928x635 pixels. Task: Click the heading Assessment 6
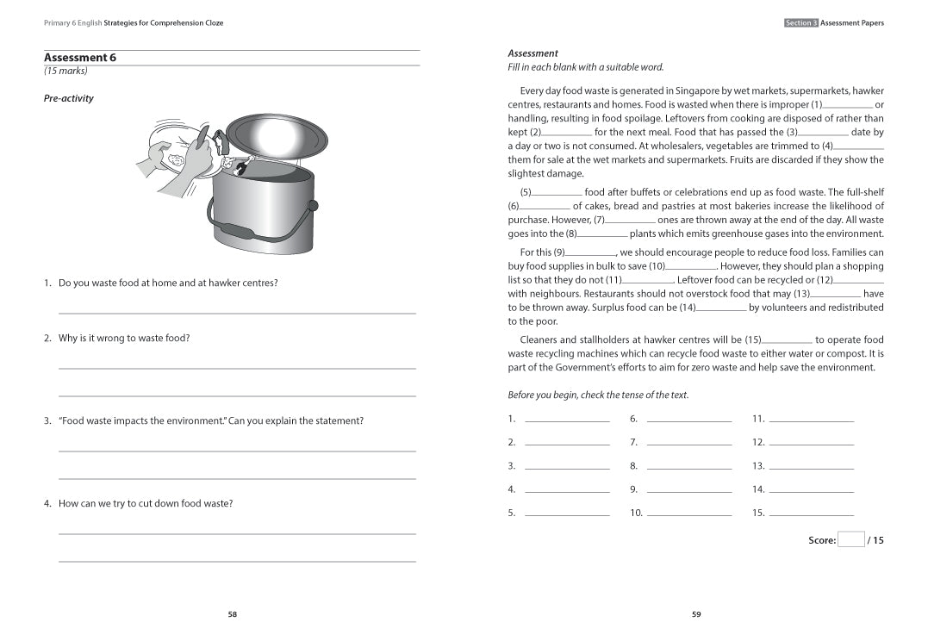tap(79, 58)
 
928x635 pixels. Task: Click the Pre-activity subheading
tap(68, 98)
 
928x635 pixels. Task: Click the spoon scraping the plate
tap(201, 141)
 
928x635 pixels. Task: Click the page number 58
tap(232, 614)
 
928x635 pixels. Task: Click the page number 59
tap(696, 614)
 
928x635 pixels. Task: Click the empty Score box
tap(850, 540)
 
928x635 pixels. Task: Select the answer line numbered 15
tap(811, 514)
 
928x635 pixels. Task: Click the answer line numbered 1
tap(566, 420)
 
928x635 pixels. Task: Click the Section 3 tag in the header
tap(800, 23)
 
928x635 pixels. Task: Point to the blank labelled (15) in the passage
tap(787, 340)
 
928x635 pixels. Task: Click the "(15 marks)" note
tap(65, 72)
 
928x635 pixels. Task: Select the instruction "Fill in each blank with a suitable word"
tap(585, 67)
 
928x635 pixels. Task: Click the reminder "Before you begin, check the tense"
tap(597, 395)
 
